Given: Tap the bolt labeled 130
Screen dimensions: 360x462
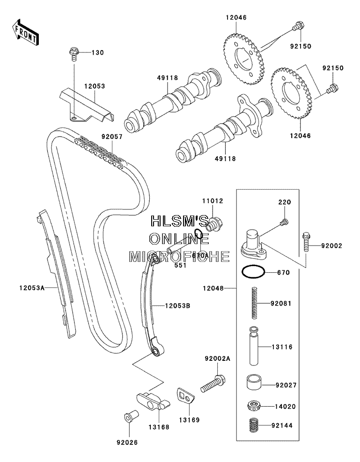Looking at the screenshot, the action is click(73, 53).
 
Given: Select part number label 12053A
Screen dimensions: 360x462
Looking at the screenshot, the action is click(32, 288).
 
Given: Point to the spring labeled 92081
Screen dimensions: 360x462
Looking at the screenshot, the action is click(255, 303).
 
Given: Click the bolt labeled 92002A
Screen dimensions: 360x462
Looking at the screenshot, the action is click(213, 384).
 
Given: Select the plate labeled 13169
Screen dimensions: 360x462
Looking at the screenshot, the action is click(186, 396).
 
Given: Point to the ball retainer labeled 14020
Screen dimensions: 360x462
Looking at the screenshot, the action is click(254, 406).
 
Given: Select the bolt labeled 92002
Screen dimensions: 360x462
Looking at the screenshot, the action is click(306, 242).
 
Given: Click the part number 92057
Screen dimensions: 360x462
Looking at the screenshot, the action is click(112, 137).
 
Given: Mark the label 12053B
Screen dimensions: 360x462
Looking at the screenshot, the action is click(177, 306).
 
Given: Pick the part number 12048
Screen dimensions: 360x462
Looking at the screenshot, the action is click(213, 288).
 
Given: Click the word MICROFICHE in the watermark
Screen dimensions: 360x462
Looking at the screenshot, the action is click(179, 257).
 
